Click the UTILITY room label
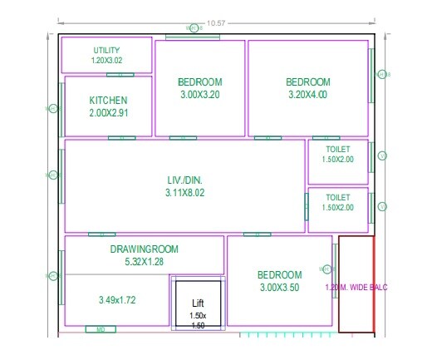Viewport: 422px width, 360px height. coord(106,51)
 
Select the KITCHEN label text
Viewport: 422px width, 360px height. coord(108,101)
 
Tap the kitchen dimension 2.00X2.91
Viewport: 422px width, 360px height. coord(108,112)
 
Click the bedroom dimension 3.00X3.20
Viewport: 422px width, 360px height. coord(199,95)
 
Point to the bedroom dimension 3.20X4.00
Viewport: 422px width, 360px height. coord(307,95)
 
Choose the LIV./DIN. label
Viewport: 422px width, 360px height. coord(184,180)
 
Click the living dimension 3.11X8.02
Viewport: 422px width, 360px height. coord(184,193)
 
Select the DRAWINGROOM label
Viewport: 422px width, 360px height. coord(144,249)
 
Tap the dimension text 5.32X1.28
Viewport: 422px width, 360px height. coord(144,261)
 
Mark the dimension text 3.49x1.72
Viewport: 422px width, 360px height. coord(116,299)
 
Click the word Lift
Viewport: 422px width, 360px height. coord(198,303)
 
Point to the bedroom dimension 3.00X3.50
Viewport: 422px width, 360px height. coord(279,288)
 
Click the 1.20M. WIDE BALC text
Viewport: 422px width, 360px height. coord(356,288)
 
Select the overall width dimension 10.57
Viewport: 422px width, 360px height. coord(217,22)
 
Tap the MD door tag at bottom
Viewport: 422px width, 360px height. coord(101,329)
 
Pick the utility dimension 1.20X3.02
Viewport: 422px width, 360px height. coord(106,61)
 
